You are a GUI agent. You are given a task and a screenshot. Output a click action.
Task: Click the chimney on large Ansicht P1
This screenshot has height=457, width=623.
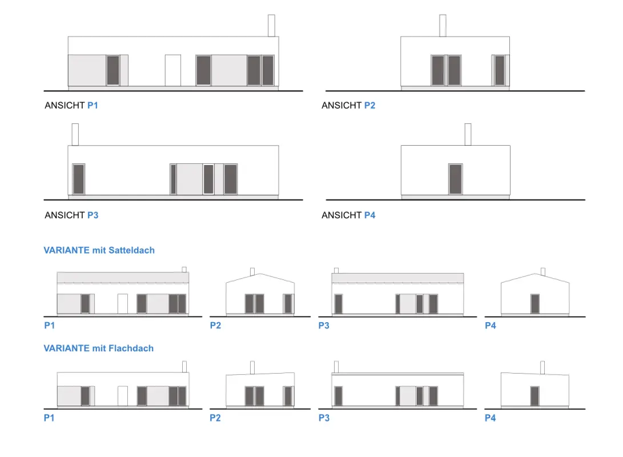pyautogui.click(x=271, y=26)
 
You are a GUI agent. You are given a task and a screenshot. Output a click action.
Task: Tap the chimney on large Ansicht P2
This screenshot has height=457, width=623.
pyautogui.click(x=443, y=26)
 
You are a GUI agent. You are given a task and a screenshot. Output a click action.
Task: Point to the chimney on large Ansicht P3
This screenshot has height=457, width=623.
pyautogui.click(x=75, y=134)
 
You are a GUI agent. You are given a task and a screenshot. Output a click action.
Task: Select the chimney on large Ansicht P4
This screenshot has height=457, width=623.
pyautogui.click(x=468, y=134)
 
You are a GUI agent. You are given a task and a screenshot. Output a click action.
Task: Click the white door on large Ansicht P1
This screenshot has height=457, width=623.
pyautogui.click(x=173, y=70)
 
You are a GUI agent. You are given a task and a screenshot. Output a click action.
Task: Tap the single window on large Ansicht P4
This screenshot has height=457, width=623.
pyautogui.click(x=455, y=179)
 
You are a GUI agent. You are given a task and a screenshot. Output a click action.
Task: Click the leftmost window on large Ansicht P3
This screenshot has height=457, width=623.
pyautogui.click(x=79, y=179)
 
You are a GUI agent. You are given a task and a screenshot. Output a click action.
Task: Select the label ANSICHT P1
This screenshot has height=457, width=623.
pyautogui.click(x=71, y=106)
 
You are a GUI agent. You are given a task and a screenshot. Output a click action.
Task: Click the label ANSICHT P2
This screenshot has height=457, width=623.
pyautogui.click(x=348, y=106)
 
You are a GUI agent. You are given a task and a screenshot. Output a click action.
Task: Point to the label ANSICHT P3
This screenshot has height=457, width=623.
pyautogui.click(x=71, y=215)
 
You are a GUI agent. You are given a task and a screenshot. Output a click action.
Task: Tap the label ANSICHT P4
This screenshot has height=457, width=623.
pyautogui.click(x=348, y=215)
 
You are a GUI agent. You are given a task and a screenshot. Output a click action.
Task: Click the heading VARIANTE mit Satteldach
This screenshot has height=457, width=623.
pyautogui.click(x=99, y=250)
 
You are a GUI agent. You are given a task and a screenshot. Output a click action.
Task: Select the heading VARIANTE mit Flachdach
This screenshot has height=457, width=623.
pyautogui.click(x=99, y=348)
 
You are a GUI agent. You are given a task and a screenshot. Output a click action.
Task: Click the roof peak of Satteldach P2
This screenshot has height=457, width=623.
pyautogui.click(x=260, y=275)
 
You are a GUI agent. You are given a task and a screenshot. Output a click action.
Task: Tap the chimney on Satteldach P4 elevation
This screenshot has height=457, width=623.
pyautogui.click(x=542, y=271)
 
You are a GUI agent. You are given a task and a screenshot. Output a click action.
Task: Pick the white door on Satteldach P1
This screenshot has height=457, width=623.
pyautogui.click(x=123, y=303)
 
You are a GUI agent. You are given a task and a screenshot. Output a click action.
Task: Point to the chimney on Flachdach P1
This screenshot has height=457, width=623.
pyautogui.click(x=184, y=366)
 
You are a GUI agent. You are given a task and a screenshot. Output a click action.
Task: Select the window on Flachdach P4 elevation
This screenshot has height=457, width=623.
pyautogui.click(x=535, y=396)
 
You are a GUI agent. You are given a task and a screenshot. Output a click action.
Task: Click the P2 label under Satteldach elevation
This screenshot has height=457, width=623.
pyautogui.click(x=215, y=326)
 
